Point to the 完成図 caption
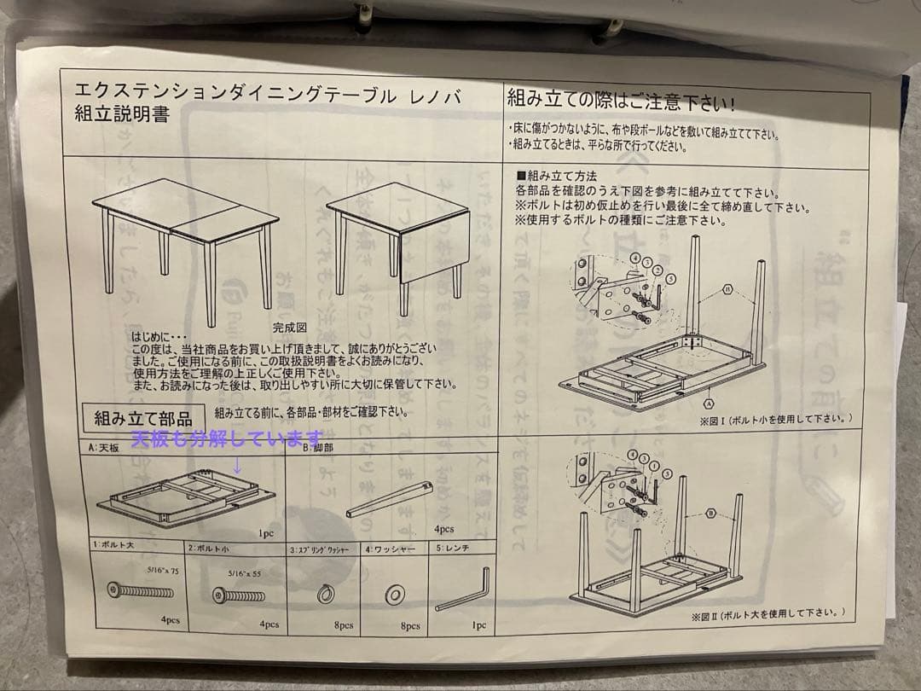coord(289,327)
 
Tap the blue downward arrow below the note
coord(237,466)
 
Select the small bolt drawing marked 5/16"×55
coord(238,595)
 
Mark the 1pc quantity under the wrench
coord(478,626)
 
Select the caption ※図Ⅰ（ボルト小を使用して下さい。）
coord(775,419)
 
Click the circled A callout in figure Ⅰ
coord(709,400)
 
